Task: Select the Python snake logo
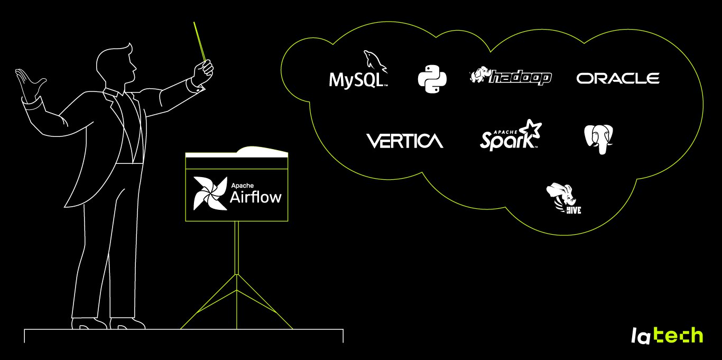(432, 79)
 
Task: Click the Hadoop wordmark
(520, 78)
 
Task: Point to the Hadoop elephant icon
(480, 76)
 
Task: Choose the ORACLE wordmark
(618, 79)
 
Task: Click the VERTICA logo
(404, 141)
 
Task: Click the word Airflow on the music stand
(256, 198)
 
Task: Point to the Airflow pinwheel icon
(209, 193)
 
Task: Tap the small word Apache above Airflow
(242, 185)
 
